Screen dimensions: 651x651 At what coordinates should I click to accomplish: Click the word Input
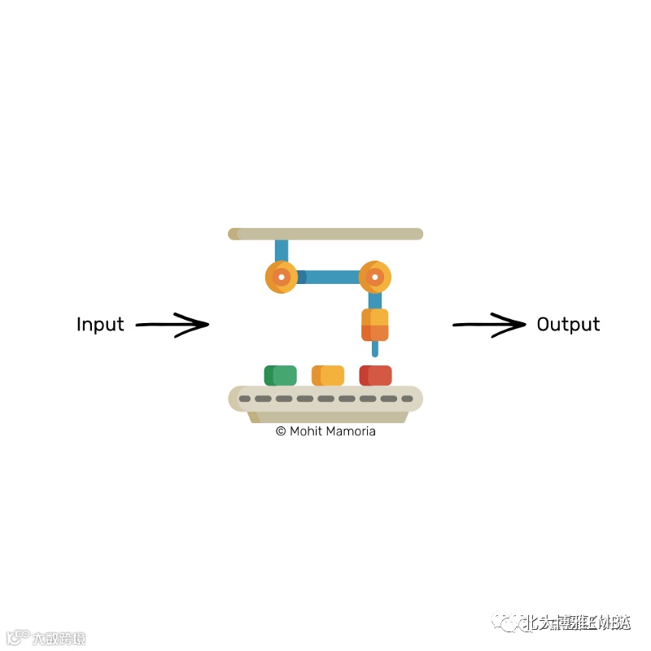[100, 324]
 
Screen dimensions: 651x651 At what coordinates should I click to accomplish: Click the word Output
[568, 324]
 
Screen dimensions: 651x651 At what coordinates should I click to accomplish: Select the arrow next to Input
[172, 325]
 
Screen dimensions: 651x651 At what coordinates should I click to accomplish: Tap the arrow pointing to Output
[489, 325]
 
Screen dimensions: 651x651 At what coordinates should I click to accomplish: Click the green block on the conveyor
[280, 375]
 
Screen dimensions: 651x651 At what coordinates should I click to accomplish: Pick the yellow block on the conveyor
[327, 375]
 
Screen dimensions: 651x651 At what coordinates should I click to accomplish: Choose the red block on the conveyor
[375, 375]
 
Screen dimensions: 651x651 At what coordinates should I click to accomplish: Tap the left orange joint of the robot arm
[281, 277]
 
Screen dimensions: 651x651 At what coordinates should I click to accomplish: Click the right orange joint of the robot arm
[374, 277]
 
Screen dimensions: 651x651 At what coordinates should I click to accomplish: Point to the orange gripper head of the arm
[374, 325]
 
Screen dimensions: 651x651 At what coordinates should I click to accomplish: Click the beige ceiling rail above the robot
[325, 234]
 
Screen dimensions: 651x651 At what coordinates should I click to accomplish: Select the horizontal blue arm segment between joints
[328, 277]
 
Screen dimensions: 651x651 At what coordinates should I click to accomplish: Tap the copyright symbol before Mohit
[281, 431]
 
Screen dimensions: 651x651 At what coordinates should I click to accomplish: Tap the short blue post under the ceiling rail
[282, 250]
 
